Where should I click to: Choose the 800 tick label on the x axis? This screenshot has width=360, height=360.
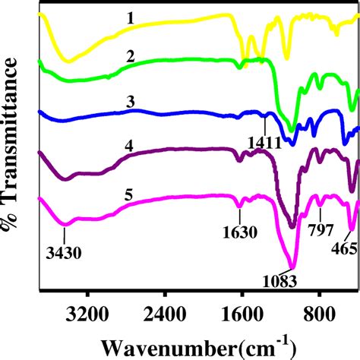click(319, 309)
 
